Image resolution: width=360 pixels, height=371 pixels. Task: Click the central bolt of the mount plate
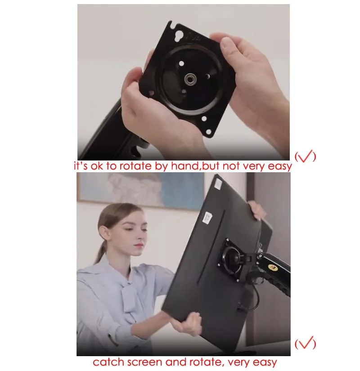(x=189, y=79)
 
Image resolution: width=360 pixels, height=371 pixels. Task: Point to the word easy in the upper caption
(x=279, y=166)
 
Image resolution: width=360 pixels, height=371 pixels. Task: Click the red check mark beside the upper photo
(x=305, y=156)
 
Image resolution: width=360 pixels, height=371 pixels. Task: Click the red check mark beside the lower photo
(x=305, y=343)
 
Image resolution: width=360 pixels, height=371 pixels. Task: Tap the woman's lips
(x=138, y=246)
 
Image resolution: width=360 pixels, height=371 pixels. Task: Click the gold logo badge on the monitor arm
(x=273, y=268)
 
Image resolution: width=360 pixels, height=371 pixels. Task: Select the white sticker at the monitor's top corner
(x=218, y=184)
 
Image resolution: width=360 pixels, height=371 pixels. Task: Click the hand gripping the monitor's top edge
(x=257, y=210)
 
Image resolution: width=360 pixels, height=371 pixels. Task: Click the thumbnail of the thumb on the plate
(x=226, y=43)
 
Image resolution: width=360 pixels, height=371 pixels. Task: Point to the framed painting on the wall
(x=141, y=191)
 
